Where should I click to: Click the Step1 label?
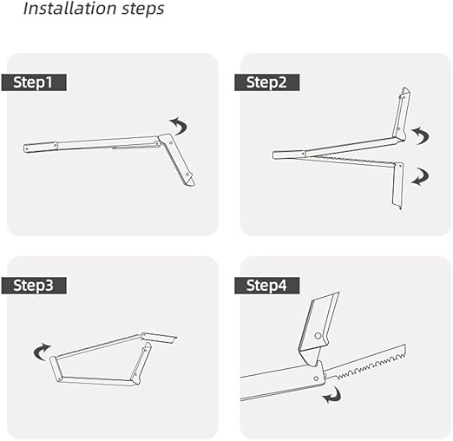pos(34,82)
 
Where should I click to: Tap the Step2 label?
pos(266,82)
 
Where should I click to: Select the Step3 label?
pos(34,286)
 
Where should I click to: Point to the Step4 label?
pos(266,286)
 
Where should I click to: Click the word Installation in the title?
pos(69,8)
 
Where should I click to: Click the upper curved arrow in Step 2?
pos(422,135)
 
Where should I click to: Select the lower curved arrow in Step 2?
pos(422,177)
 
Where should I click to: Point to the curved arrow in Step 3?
pos(41,352)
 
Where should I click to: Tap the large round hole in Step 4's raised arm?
pos(318,336)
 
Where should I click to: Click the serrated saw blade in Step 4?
pos(366,362)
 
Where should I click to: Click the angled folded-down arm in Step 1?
pos(177,160)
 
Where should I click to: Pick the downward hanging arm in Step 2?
pos(397,185)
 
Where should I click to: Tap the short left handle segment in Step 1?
pos(40,147)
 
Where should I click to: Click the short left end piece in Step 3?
pos(57,368)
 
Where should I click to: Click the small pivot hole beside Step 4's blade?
pos(316,378)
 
